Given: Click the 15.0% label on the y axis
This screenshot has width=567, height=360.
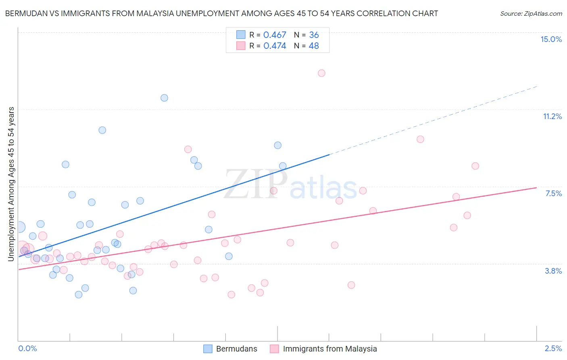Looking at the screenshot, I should tap(551, 39).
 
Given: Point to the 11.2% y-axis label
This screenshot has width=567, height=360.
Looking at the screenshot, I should tap(552, 116).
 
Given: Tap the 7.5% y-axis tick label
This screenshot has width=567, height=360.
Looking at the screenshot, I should tap(553, 193).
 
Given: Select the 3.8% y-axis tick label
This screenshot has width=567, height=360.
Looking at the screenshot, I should tap(553, 271).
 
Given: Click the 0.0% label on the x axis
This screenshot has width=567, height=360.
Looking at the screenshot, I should tap(27, 348).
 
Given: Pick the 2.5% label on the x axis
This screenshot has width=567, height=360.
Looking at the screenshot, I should tap(553, 348).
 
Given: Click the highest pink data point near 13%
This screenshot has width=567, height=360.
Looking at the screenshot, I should tap(321, 73).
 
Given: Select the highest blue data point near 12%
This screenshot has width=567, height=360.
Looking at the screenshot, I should tap(164, 98).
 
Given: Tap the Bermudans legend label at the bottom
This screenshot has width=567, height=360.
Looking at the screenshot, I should tap(236, 349).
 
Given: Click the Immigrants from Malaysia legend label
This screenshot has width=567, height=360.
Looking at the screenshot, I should tap(330, 349).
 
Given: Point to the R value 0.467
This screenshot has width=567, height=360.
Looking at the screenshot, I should tap(275, 35).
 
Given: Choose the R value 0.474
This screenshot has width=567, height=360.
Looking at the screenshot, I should tap(275, 46).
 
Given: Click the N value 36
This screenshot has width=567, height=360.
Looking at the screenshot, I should tap(314, 35).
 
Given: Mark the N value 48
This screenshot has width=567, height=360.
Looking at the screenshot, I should tap(314, 46).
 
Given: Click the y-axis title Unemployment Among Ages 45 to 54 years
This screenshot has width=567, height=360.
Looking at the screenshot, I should tap(11, 184).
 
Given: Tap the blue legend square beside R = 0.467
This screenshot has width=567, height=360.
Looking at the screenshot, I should tap(241, 35).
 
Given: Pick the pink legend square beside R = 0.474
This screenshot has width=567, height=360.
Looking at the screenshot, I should tap(241, 46).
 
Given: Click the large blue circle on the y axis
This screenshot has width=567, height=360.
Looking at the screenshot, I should tap(19, 227).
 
